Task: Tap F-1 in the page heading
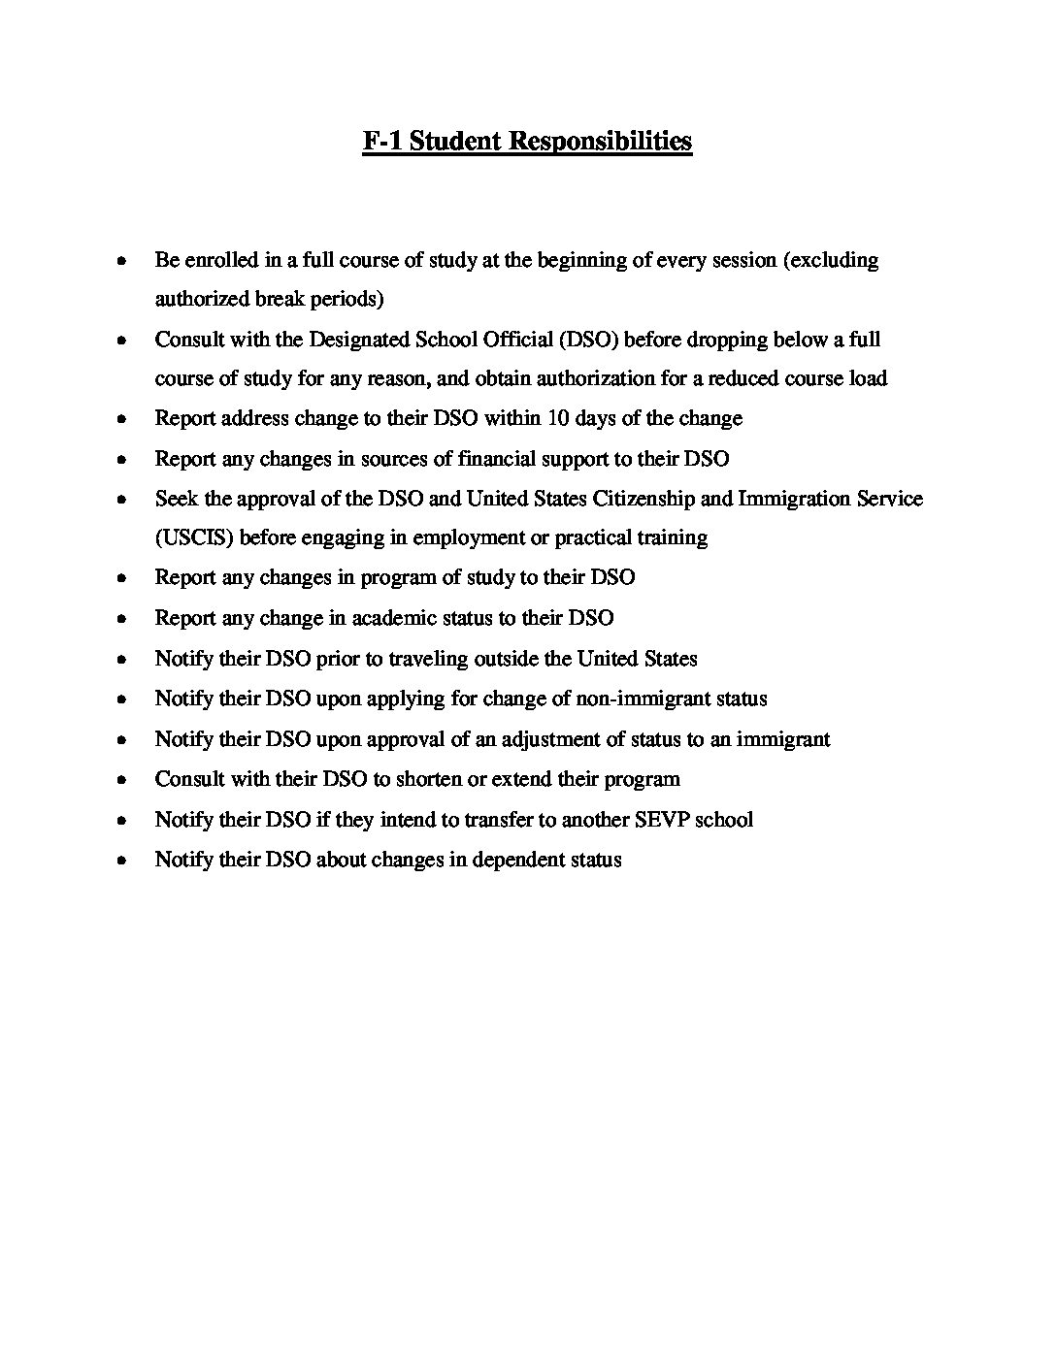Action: coord(382,142)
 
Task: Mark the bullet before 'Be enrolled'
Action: coord(120,261)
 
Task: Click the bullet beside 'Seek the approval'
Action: coord(120,500)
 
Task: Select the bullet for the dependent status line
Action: coord(120,861)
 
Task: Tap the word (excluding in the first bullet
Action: coord(831,260)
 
